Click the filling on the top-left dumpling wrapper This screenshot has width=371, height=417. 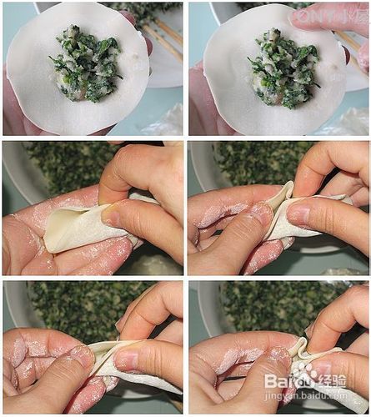(x=85, y=63)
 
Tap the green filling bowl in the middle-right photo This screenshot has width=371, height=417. (x=250, y=163)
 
